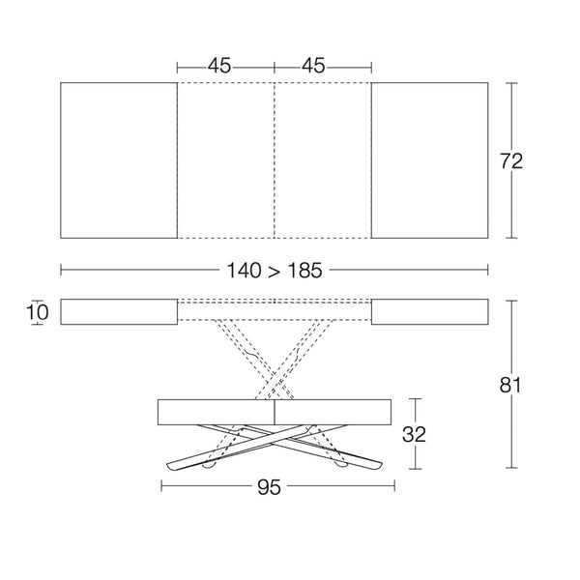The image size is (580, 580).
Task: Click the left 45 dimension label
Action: point(219,66)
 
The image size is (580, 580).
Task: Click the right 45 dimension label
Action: point(313,66)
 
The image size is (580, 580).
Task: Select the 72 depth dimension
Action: point(511,161)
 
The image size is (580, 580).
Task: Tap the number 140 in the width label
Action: point(244,271)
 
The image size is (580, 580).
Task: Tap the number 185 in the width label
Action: point(304,271)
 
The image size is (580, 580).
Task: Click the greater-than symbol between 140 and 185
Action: point(275,272)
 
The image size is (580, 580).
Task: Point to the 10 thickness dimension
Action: point(37,312)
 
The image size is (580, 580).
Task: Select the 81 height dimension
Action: point(510,385)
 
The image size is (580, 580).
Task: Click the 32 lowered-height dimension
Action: point(414,434)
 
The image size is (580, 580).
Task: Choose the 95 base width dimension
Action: point(269,487)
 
